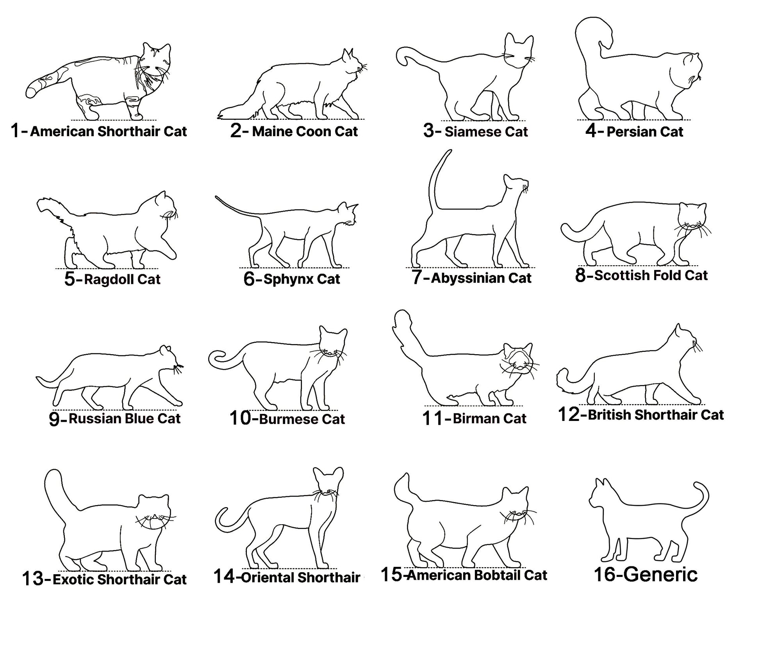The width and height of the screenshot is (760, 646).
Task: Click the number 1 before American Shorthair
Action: tap(15, 130)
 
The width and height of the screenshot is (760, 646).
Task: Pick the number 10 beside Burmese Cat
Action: tap(240, 418)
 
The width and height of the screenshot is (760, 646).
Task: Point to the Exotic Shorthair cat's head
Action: tap(155, 511)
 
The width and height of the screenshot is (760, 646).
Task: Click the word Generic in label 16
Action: tap(660, 574)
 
